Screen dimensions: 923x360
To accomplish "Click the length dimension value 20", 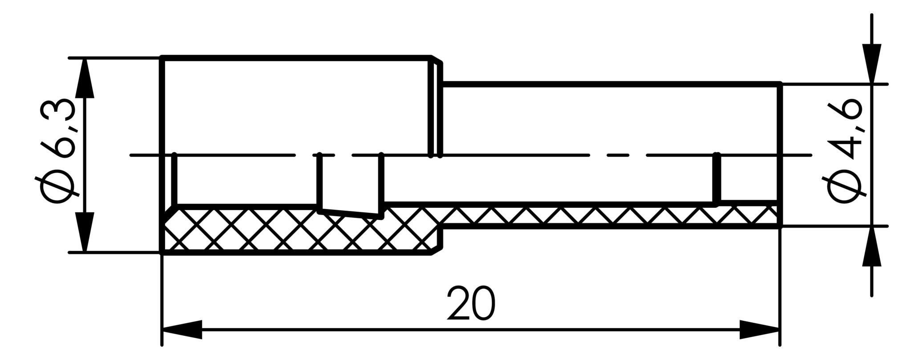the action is (x=471, y=303).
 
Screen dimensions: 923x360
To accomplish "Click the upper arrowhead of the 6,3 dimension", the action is (x=85, y=78).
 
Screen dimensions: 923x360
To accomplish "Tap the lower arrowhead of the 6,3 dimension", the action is (x=85, y=232).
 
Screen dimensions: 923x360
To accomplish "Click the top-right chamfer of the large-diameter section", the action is (x=437, y=60).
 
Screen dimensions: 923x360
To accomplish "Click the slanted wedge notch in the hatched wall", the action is (x=351, y=212).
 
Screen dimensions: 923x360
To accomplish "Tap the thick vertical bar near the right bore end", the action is (x=717, y=179).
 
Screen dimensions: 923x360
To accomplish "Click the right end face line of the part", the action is (x=780, y=155).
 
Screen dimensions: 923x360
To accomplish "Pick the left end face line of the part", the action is (x=162, y=155).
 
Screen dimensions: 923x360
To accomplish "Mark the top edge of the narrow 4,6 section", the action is (x=611, y=83).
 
